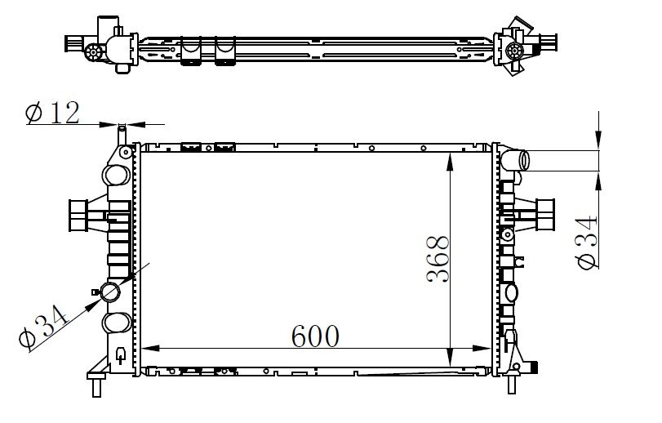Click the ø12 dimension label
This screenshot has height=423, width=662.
click(x=53, y=113)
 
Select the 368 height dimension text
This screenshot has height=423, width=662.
click(x=438, y=260)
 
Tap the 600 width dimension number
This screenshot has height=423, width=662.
click(x=311, y=334)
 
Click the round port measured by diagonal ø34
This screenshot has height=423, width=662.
click(x=109, y=292)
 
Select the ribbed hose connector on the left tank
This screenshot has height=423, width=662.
click(x=81, y=216)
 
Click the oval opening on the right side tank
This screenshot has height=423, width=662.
click(x=512, y=292)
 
